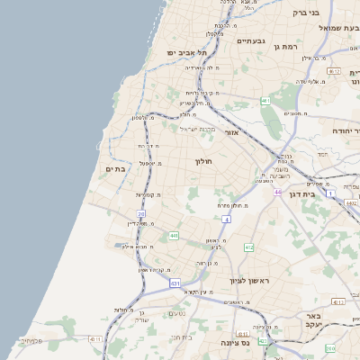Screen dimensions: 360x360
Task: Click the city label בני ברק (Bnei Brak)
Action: tap(307, 13)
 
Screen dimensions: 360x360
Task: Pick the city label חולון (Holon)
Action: tap(203, 161)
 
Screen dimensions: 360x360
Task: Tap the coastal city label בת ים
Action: tap(114, 168)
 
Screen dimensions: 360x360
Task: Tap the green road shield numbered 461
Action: tap(265, 102)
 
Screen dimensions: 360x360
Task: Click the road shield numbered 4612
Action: tap(334, 70)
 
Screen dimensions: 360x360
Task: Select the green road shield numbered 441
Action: tap(173, 236)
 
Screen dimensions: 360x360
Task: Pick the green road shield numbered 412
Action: tap(248, 247)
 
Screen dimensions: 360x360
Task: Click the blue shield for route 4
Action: tap(228, 219)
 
